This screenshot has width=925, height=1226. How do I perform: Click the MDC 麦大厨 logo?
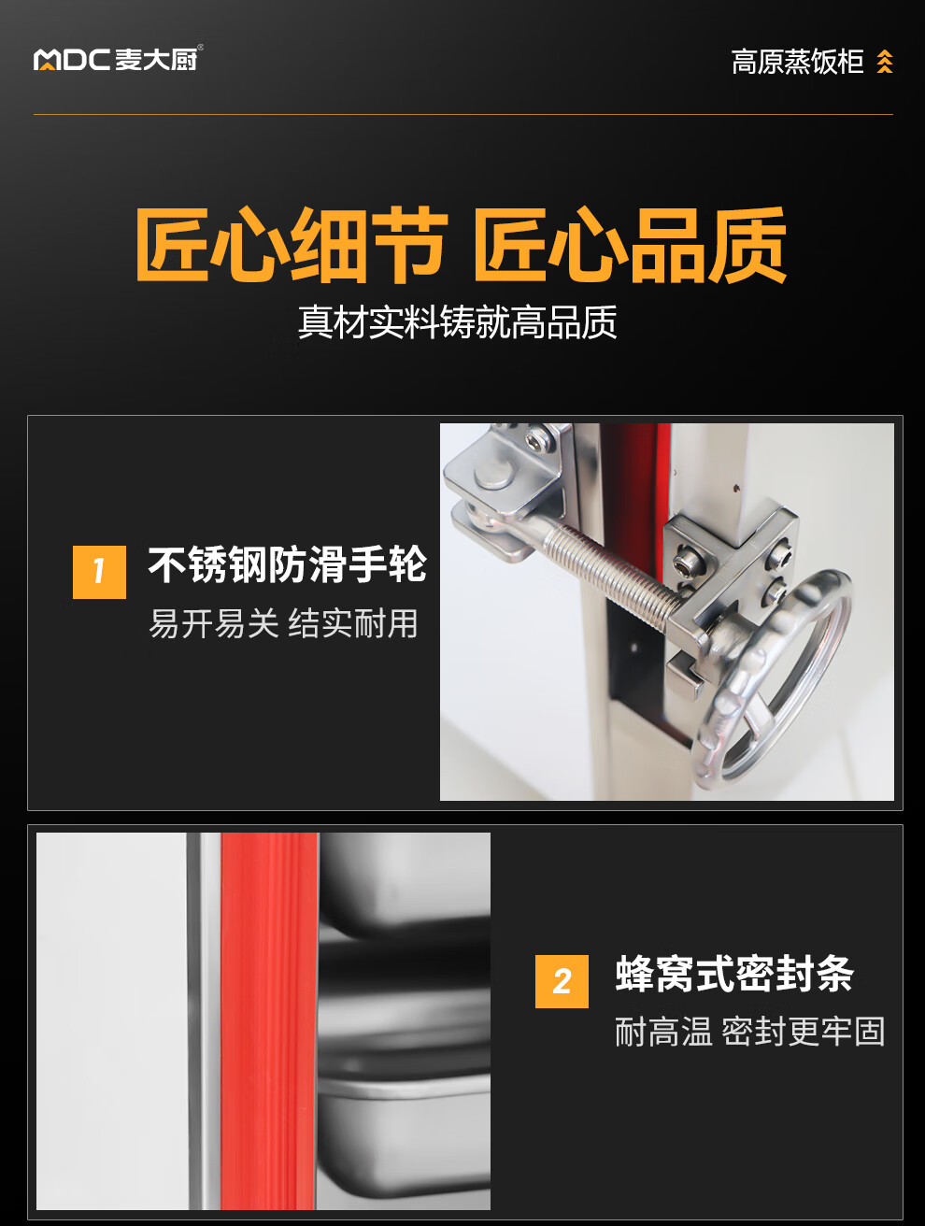[118, 59]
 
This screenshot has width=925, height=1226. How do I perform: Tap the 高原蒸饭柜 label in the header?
[797, 62]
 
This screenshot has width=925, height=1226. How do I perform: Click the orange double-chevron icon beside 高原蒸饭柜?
[884, 62]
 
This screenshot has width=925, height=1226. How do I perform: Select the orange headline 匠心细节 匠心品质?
[462, 245]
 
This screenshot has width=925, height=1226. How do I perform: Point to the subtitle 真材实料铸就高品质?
[457, 322]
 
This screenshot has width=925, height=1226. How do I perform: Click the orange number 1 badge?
[99, 572]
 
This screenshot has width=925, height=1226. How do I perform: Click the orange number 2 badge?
[562, 981]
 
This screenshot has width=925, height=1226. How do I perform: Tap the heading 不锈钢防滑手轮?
[288, 564]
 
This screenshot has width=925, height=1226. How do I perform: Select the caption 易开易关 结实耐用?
[284, 623]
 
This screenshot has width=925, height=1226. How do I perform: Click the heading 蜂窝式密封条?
[734, 974]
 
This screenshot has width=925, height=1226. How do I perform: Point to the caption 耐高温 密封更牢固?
[749, 1032]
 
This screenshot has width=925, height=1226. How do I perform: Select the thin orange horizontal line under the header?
[463, 115]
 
